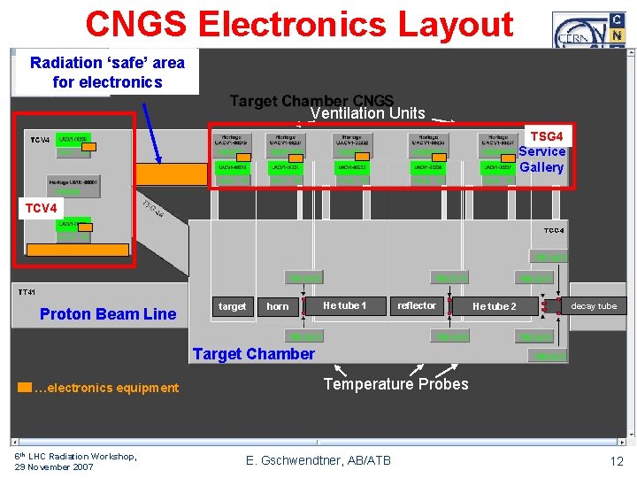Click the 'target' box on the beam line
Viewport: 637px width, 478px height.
(x=232, y=306)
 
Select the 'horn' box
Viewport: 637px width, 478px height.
(x=278, y=306)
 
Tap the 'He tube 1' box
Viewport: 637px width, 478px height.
(x=344, y=305)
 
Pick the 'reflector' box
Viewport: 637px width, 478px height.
(x=416, y=305)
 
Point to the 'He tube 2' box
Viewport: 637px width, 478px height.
(x=494, y=306)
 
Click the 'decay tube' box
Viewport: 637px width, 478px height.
(x=594, y=306)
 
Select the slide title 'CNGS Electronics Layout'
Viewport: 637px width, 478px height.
(x=299, y=24)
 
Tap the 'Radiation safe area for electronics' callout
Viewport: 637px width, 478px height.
(x=107, y=72)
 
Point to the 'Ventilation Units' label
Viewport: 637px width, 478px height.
(x=367, y=113)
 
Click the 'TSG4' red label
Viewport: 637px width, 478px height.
(x=546, y=136)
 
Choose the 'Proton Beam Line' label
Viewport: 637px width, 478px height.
(x=108, y=313)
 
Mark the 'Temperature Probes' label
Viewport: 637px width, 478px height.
(x=395, y=384)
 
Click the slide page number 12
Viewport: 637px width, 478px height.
(x=616, y=462)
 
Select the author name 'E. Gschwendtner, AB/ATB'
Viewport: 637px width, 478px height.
(x=318, y=459)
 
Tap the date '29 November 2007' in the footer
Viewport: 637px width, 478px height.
(x=55, y=466)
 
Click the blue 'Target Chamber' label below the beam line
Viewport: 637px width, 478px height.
(x=253, y=354)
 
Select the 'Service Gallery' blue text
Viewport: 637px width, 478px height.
(x=541, y=159)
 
